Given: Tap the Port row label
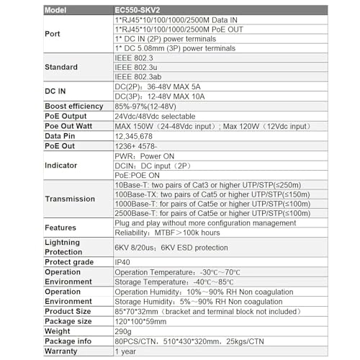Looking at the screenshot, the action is coord(53,34).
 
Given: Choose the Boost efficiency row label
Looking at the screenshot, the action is coord(76,106).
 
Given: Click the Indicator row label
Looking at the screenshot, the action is coord(63,165).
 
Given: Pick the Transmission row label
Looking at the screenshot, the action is coord(70,199).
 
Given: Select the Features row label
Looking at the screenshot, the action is coord(60,228).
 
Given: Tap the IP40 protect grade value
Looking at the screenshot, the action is coord(124,263).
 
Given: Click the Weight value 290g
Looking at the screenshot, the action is coord(124,330).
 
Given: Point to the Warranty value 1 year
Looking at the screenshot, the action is coord(127,351).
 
